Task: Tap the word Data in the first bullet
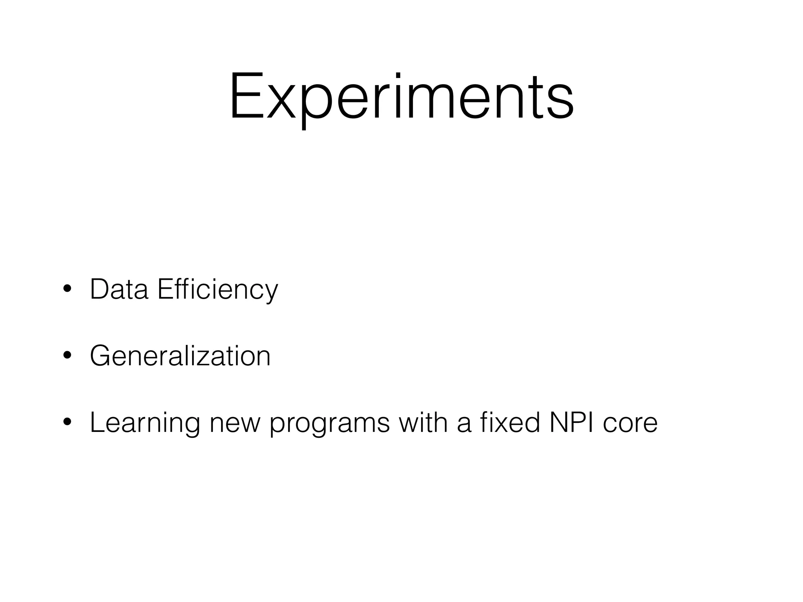pos(119,289)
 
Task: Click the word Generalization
pos(180,356)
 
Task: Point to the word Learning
pos(145,423)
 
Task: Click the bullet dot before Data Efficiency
pos(67,289)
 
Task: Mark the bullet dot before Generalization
pos(67,356)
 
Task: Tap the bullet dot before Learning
pos(67,422)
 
